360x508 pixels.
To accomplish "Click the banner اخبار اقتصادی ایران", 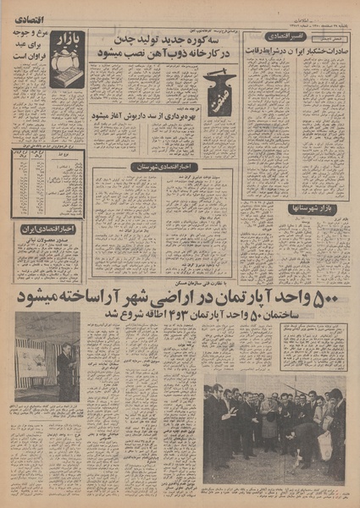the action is [49, 229].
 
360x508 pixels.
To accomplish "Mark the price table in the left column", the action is [47, 183].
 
